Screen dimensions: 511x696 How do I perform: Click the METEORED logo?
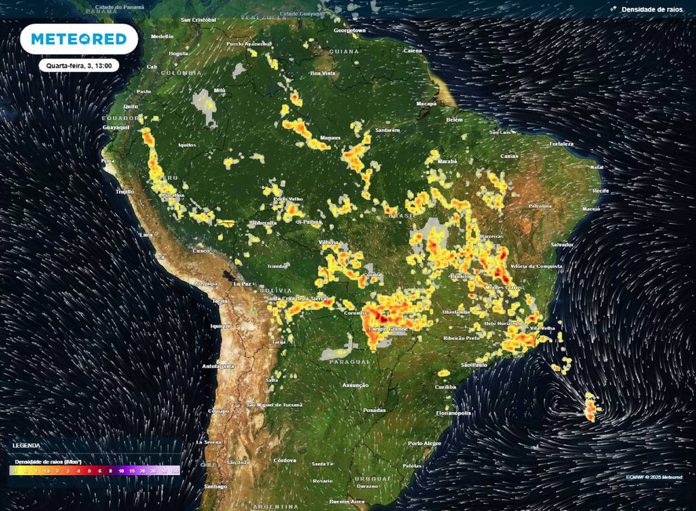tap(79, 39)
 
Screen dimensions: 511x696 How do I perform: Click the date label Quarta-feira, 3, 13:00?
tap(79, 66)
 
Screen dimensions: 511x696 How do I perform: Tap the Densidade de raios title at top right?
tap(651, 10)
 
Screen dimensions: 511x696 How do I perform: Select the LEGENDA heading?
tap(27, 445)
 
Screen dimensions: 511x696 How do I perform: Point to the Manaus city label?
tap(330, 138)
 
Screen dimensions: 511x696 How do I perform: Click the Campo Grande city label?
tap(387, 330)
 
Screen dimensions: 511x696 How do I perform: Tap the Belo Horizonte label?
tap(503, 323)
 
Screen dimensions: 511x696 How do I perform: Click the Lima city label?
tap(145, 234)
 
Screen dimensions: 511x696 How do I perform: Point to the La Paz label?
tap(243, 283)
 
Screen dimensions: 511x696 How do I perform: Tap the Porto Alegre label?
tap(425, 443)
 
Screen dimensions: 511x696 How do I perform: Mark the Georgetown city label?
tap(350, 31)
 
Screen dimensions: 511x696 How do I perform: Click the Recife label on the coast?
tap(600, 192)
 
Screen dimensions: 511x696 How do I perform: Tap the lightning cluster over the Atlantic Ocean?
tap(591, 408)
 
